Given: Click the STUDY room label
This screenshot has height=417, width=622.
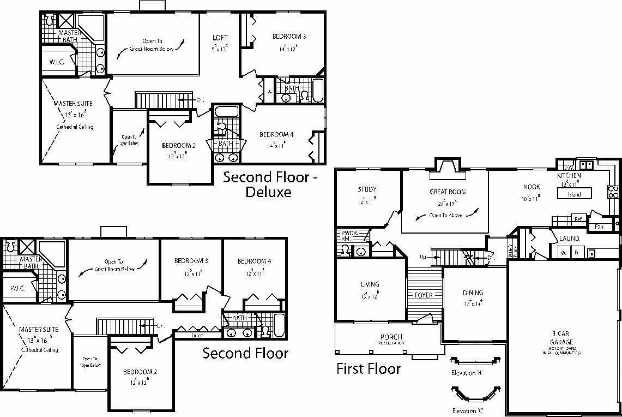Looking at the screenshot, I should pyautogui.click(x=367, y=189).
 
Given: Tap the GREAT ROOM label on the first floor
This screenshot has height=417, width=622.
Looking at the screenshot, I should pyautogui.click(x=448, y=192).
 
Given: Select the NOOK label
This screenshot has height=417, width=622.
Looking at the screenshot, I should pyautogui.click(x=532, y=187).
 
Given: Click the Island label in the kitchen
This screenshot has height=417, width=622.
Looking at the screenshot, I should pyautogui.click(x=574, y=194).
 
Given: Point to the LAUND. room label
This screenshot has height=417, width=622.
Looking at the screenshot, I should pyautogui.click(x=570, y=239).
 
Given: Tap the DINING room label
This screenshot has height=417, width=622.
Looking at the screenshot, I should pyautogui.click(x=473, y=293).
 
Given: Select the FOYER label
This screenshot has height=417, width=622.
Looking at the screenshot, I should pyautogui.click(x=424, y=295).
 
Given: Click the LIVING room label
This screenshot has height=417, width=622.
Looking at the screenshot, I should pyautogui.click(x=370, y=284).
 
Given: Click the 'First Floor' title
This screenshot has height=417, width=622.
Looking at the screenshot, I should pyautogui.click(x=368, y=368).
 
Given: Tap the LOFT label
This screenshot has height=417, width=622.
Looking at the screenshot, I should pyautogui.click(x=220, y=38).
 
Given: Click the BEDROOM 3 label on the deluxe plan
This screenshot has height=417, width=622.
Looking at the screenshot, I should pyautogui.click(x=289, y=37).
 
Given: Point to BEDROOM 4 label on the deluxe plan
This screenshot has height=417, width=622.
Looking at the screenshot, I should pyautogui.click(x=276, y=135).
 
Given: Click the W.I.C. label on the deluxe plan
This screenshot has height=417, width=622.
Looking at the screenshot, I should pyautogui.click(x=57, y=62).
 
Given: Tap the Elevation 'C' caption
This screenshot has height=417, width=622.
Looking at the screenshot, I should pyautogui.click(x=467, y=410).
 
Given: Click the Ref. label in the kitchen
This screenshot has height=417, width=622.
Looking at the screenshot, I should pyautogui.click(x=579, y=219).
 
